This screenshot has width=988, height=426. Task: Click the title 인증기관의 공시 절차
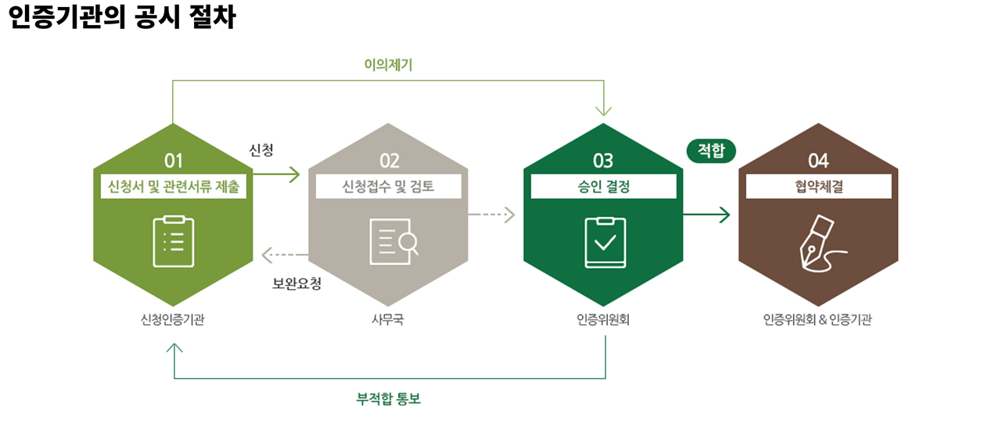point(121,17)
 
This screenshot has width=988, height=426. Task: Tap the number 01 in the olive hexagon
point(174,161)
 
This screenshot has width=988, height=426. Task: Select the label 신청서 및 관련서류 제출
point(174,187)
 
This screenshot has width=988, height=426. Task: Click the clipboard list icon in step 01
point(174,241)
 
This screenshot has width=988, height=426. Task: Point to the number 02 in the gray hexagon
point(389,161)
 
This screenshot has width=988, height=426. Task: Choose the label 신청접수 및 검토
point(388,187)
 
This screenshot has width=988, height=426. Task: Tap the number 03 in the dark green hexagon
point(603,161)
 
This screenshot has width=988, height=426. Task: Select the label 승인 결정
point(603,187)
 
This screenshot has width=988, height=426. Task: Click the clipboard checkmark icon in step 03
point(605,241)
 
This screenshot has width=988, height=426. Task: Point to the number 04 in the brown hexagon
point(818,161)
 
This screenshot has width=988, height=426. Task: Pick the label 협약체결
point(818,187)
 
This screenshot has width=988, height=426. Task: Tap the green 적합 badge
point(711,150)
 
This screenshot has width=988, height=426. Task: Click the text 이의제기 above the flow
point(388,65)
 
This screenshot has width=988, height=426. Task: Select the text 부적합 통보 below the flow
point(388,399)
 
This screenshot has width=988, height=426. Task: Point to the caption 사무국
point(388,319)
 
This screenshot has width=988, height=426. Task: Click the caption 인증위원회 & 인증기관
point(817,319)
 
